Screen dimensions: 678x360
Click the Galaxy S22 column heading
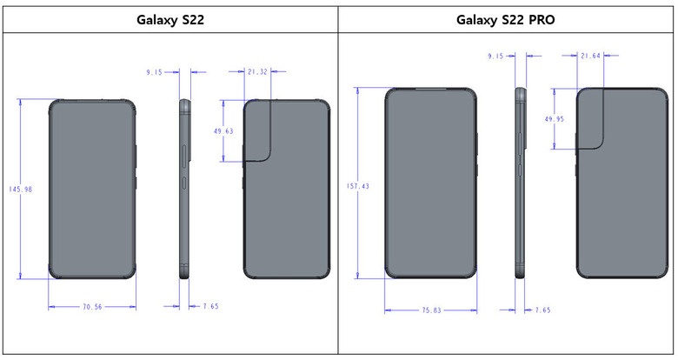click(169, 20)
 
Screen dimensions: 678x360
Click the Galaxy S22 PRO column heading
click(506, 20)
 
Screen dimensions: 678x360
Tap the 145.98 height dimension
click(20, 189)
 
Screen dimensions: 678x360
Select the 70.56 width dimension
click(92, 307)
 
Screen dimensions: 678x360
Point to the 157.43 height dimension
click(357, 186)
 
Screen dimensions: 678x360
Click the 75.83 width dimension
click(431, 310)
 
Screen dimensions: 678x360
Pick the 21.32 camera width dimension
click(257, 72)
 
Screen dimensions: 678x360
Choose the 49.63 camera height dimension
click(223, 130)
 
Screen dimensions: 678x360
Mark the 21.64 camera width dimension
click(590, 56)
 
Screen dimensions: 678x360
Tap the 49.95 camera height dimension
click(554, 118)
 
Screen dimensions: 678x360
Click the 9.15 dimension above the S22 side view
click(154, 72)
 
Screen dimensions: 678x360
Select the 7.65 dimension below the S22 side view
click(210, 306)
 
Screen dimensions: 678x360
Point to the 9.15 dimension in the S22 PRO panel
click(495, 56)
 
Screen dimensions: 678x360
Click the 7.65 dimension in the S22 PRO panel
click(542, 310)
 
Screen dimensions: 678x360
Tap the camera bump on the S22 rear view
click(258, 130)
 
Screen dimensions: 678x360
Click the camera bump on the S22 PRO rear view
click(591, 118)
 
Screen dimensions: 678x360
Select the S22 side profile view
click(184, 189)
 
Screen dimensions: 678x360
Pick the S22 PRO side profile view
click(521, 183)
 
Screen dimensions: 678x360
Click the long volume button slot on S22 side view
click(185, 156)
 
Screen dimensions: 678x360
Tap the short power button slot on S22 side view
click(185, 183)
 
